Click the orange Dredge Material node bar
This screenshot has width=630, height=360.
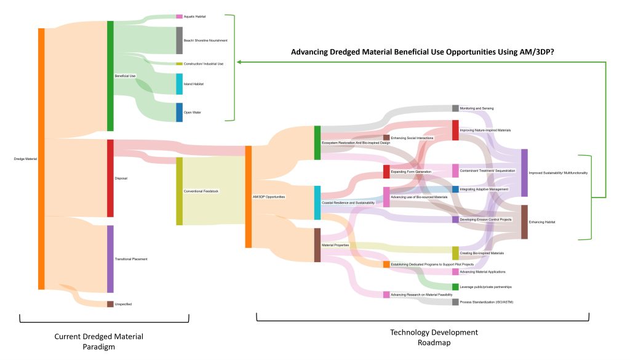click(41, 158)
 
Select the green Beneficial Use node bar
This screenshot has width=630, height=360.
click(110, 76)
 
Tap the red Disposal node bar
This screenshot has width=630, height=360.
click(110, 178)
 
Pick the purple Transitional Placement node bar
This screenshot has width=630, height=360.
click(110, 258)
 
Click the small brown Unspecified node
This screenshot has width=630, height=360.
click(110, 304)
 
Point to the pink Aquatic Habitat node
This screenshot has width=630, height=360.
click(180, 17)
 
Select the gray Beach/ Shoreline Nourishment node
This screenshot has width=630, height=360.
click(180, 40)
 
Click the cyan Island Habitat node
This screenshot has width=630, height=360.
click(180, 84)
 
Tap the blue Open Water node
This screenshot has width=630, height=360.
click(180, 113)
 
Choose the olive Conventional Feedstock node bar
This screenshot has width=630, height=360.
click(180, 191)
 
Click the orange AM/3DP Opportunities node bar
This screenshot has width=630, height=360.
click(249, 196)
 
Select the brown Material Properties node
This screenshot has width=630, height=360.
click(317, 245)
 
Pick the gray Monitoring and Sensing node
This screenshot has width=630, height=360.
click(455, 108)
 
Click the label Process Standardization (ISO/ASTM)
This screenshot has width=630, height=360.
click(486, 302)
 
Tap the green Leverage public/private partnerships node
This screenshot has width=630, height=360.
click(455, 287)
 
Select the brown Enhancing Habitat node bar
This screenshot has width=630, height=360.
click(524, 222)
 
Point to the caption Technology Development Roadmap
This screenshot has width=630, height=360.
click(434, 337)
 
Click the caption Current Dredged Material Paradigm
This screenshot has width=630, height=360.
click(98, 341)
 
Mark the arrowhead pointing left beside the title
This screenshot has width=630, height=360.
click(241, 62)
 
